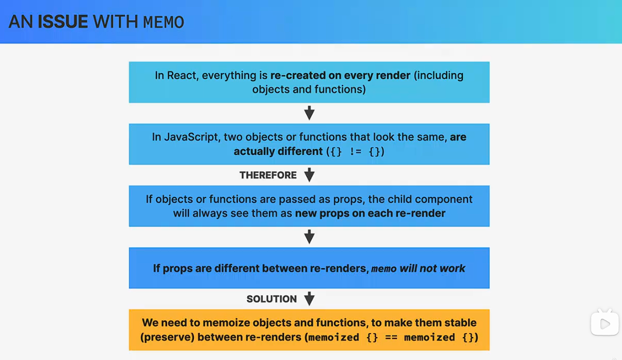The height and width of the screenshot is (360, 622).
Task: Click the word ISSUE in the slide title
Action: point(63,22)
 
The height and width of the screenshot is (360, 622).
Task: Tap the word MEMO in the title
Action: point(164,22)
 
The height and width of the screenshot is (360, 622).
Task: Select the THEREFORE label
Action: point(268,175)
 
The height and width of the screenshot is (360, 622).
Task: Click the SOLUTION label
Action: point(271,299)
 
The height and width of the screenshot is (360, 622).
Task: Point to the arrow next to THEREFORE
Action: point(310,175)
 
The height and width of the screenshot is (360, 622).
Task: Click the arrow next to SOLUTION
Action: point(310,299)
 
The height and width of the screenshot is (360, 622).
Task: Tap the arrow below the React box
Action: point(310,113)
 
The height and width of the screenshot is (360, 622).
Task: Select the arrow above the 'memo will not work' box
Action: point(310,237)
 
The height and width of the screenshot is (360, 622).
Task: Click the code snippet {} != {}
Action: point(355,152)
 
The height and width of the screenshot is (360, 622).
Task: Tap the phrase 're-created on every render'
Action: point(340,75)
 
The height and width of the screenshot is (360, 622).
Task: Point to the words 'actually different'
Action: point(278,152)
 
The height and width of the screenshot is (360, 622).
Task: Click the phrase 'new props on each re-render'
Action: point(370,213)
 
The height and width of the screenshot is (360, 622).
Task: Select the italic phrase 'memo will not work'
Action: point(418,269)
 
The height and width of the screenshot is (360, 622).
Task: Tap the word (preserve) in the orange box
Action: point(167,337)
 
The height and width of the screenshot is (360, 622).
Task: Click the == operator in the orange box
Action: point(391,338)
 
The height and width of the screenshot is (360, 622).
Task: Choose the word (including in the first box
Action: point(439,76)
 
